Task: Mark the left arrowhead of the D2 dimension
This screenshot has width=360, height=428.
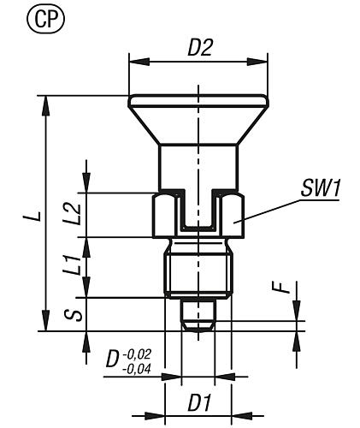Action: [x=134, y=61]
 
